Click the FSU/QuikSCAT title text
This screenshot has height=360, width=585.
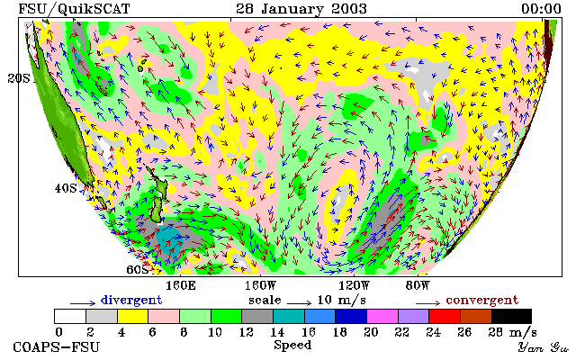[74, 9]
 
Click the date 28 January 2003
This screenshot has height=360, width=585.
[301, 9]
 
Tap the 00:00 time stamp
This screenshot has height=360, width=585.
[541, 9]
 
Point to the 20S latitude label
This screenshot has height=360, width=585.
[19, 78]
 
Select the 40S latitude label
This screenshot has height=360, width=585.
[66, 188]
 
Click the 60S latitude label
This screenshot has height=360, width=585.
[138, 269]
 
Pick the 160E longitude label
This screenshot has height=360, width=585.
[181, 286]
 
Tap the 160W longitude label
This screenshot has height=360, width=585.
[260, 286]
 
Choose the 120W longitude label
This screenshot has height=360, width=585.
[354, 286]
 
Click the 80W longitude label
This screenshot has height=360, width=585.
[418, 286]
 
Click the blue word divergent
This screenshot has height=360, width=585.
[131, 300]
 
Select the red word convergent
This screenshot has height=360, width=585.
[482, 300]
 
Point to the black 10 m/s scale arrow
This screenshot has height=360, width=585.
[299, 303]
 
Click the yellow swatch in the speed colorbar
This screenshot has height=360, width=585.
[133, 317]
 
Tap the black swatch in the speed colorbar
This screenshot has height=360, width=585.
[511, 317]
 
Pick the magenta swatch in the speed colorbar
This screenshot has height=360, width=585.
[382, 317]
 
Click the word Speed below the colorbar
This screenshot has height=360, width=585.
[292, 345]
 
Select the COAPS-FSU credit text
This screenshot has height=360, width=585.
[57, 346]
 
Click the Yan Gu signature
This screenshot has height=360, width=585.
[544, 347]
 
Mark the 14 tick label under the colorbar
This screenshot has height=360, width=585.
[277, 331]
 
